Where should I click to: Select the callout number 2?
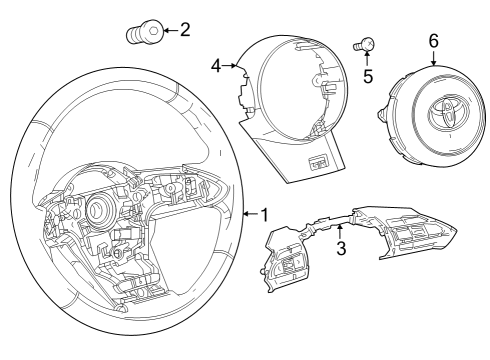(x=183, y=30)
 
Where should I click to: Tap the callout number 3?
(x=341, y=248)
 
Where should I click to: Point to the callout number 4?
(x=216, y=67)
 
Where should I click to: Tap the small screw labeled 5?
(x=366, y=43)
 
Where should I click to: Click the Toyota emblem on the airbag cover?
(x=440, y=111)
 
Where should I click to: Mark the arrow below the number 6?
(x=433, y=58)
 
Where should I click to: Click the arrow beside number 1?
(x=249, y=213)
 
